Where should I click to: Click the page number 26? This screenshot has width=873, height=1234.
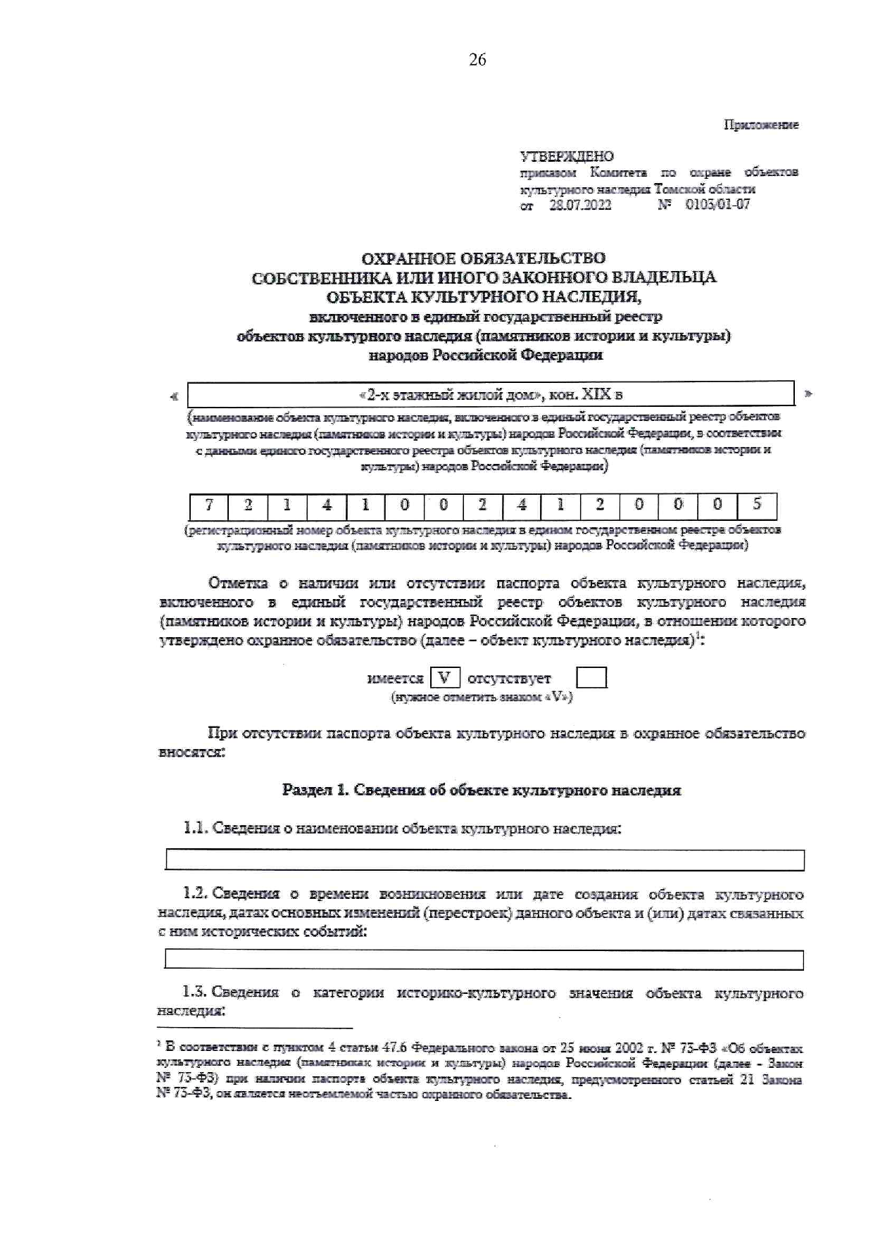477,60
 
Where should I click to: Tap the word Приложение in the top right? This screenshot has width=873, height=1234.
761,125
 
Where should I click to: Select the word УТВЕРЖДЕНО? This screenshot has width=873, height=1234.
567,156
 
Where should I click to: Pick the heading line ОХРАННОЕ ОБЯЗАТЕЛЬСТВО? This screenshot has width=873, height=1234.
483,258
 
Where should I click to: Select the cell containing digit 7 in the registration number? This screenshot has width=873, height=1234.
209,505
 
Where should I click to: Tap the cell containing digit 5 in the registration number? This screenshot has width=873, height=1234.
757,505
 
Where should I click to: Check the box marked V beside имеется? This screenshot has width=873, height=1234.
444,678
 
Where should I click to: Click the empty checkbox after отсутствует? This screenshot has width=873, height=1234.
591,678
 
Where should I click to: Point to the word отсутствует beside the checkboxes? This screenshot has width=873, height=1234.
509,679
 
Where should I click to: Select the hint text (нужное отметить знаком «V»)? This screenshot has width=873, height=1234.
482,697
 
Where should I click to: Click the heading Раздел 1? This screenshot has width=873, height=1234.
315,790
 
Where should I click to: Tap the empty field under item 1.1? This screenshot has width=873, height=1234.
484,860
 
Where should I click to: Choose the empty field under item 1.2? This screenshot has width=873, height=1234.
484,959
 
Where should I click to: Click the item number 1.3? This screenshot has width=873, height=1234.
194,993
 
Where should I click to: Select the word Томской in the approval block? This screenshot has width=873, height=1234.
681,189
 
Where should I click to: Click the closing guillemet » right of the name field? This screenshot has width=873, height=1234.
808,394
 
